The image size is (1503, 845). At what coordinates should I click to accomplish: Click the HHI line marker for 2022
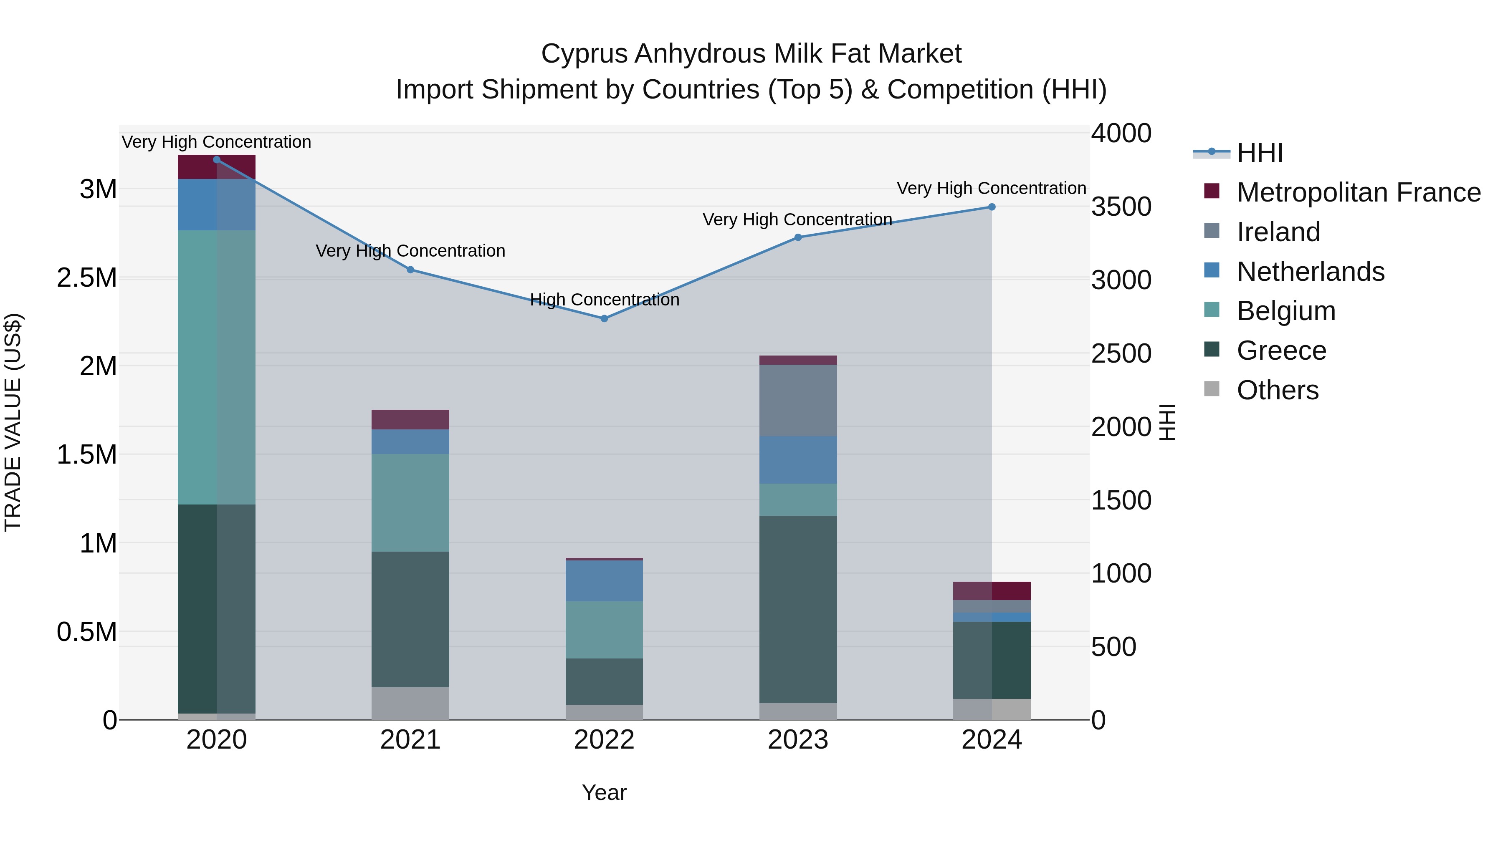(604, 318)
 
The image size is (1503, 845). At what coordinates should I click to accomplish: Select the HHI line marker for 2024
(991, 207)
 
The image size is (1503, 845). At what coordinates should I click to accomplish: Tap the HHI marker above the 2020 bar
(216, 159)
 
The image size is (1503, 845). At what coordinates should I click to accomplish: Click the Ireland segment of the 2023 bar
(797, 400)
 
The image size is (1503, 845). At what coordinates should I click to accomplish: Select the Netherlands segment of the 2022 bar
(604, 580)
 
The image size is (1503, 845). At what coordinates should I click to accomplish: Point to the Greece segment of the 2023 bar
(797, 609)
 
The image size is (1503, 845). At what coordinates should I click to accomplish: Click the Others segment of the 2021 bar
(410, 703)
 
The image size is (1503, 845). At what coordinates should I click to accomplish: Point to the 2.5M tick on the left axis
(86, 277)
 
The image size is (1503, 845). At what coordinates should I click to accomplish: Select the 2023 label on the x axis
(797, 740)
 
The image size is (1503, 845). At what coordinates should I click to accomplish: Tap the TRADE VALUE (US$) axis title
(13, 422)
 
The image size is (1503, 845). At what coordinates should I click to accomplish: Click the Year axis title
(604, 792)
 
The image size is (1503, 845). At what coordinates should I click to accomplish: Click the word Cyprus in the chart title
(584, 54)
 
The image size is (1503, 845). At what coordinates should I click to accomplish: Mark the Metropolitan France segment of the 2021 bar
(410, 419)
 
